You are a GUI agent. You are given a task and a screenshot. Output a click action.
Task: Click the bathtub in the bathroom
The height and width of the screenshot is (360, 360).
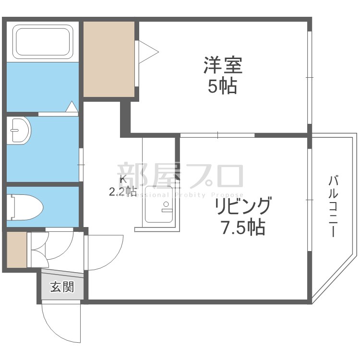43,42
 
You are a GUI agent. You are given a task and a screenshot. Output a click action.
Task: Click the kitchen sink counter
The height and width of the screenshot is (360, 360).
159,204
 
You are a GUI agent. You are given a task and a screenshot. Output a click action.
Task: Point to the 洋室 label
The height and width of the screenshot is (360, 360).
223,65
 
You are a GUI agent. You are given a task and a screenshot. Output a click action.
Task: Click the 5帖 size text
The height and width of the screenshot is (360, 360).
222,86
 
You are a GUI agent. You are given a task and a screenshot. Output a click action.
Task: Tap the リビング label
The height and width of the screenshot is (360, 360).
243,206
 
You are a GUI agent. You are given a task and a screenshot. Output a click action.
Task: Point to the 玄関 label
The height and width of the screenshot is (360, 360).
62,288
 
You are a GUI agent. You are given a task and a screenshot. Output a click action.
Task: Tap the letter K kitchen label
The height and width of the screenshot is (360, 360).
122,180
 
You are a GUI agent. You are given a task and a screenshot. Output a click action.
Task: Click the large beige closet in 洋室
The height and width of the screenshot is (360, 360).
108,59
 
